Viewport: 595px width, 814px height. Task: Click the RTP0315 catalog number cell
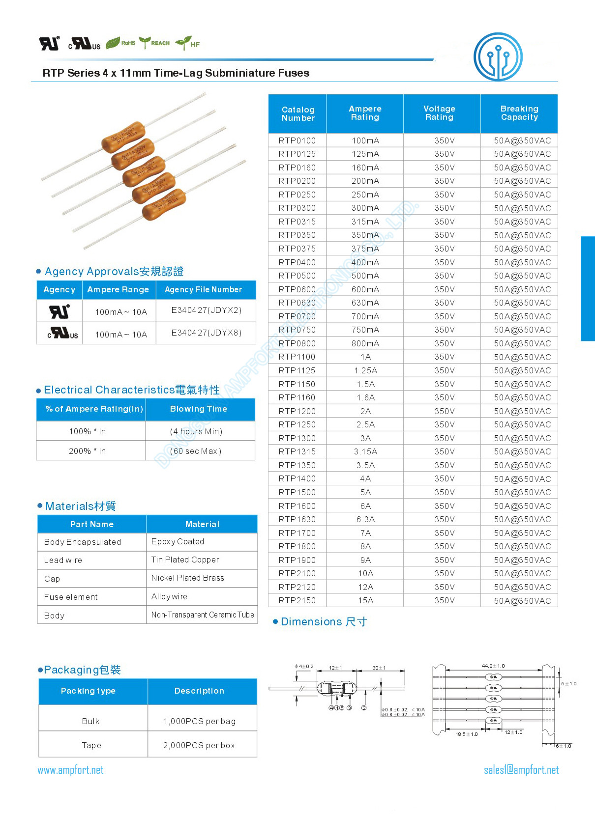coord(297,222)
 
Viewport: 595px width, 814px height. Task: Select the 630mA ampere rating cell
coord(365,303)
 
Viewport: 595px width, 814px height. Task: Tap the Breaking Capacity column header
coord(519,113)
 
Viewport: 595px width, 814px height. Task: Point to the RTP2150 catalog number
coord(297,600)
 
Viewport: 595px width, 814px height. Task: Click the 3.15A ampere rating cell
coord(365,451)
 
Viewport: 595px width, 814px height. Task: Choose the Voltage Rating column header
coord(439,113)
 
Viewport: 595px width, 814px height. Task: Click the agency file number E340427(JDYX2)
coord(206,310)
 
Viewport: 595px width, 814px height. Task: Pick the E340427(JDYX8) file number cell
coord(206,333)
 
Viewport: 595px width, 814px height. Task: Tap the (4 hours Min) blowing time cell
coord(196,431)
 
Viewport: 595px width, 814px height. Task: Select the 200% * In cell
coord(87,451)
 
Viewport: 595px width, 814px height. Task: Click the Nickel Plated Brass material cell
coord(187,578)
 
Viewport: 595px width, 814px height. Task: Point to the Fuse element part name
coord(71,597)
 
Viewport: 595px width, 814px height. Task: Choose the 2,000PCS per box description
coord(199,745)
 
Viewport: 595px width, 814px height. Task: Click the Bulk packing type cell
coord(90,721)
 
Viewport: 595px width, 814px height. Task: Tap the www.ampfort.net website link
coord(70,770)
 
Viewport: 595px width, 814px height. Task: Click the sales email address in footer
coord(521,770)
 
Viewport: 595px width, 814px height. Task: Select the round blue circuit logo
coord(498,57)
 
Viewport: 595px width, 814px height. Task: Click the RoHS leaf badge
coord(121,43)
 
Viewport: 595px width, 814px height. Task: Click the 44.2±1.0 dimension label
coord(493,666)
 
